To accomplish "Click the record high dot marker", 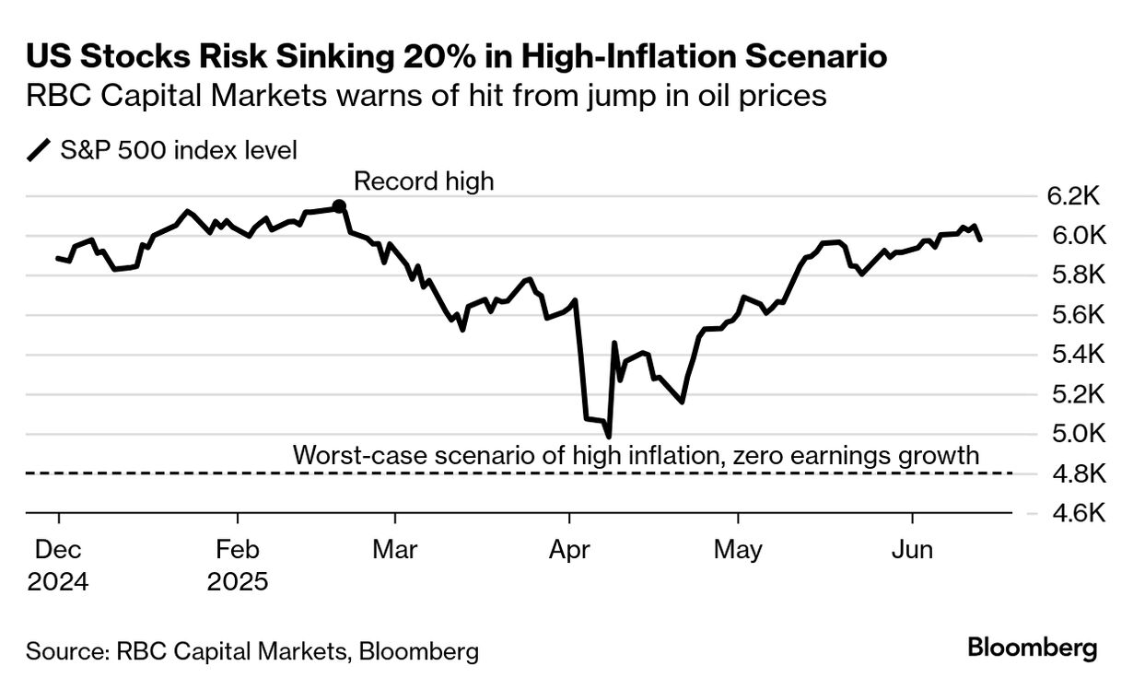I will (339, 206).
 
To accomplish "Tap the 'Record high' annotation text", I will (424, 181).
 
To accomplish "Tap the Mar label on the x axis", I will (396, 550).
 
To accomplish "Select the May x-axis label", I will (739, 550).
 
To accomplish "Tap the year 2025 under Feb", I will (238, 582).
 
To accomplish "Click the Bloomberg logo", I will (1032, 648).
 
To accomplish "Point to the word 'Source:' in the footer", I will (67, 652).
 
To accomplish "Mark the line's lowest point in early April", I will (608, 436).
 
